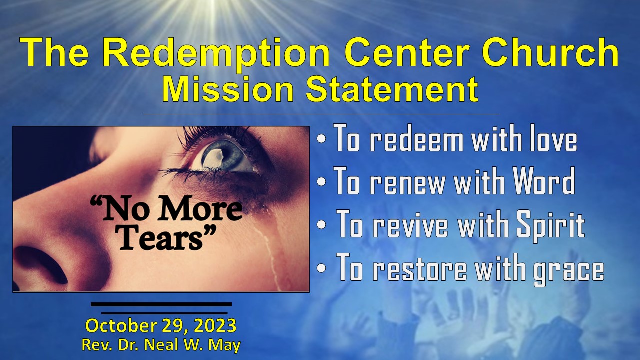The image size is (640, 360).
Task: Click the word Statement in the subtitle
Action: click(391, 90)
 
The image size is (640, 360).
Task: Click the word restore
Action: click(418, 269)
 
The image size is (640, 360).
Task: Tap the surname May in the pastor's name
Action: click(227, 344)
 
